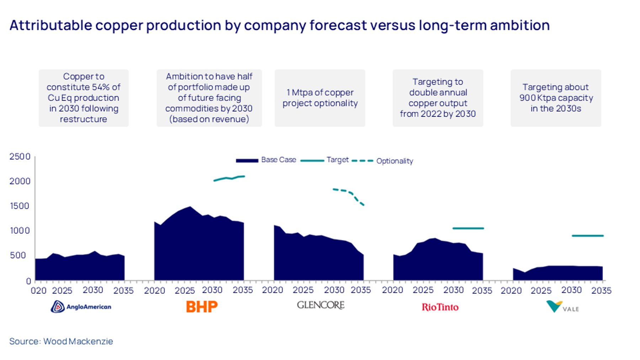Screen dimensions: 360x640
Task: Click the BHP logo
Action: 202,307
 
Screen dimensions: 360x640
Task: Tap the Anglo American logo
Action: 81,307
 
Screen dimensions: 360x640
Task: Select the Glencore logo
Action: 321,305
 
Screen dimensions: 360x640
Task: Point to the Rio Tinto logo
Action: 440,307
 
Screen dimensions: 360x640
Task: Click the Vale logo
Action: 562,307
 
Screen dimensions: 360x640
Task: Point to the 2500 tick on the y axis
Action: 20,157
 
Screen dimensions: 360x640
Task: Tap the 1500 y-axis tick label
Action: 20,206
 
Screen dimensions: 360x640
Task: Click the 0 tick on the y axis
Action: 28,281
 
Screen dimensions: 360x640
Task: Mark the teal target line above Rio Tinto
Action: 468,228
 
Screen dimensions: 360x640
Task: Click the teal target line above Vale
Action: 587,236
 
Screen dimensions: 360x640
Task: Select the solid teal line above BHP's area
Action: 229,178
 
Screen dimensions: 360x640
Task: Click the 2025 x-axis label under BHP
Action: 185,291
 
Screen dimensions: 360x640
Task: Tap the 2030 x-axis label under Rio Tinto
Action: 454,290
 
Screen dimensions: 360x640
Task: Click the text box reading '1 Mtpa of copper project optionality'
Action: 320,98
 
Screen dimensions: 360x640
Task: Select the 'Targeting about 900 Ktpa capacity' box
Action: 556,98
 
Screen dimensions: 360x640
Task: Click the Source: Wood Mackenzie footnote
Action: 61,341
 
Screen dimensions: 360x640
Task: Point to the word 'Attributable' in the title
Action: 50,25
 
